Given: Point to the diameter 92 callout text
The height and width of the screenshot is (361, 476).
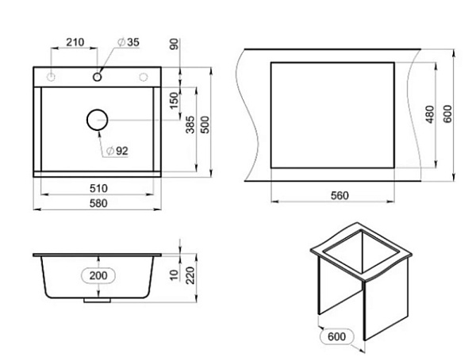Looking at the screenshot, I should tap(117, 151).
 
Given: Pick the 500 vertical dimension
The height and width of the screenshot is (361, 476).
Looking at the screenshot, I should tap(205, 125).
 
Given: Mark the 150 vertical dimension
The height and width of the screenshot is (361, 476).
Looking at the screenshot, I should tap(175, 101).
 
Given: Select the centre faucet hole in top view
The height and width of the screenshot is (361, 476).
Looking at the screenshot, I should tap(98, 77).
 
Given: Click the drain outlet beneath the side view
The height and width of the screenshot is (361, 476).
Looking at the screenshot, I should tap(97, 302).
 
